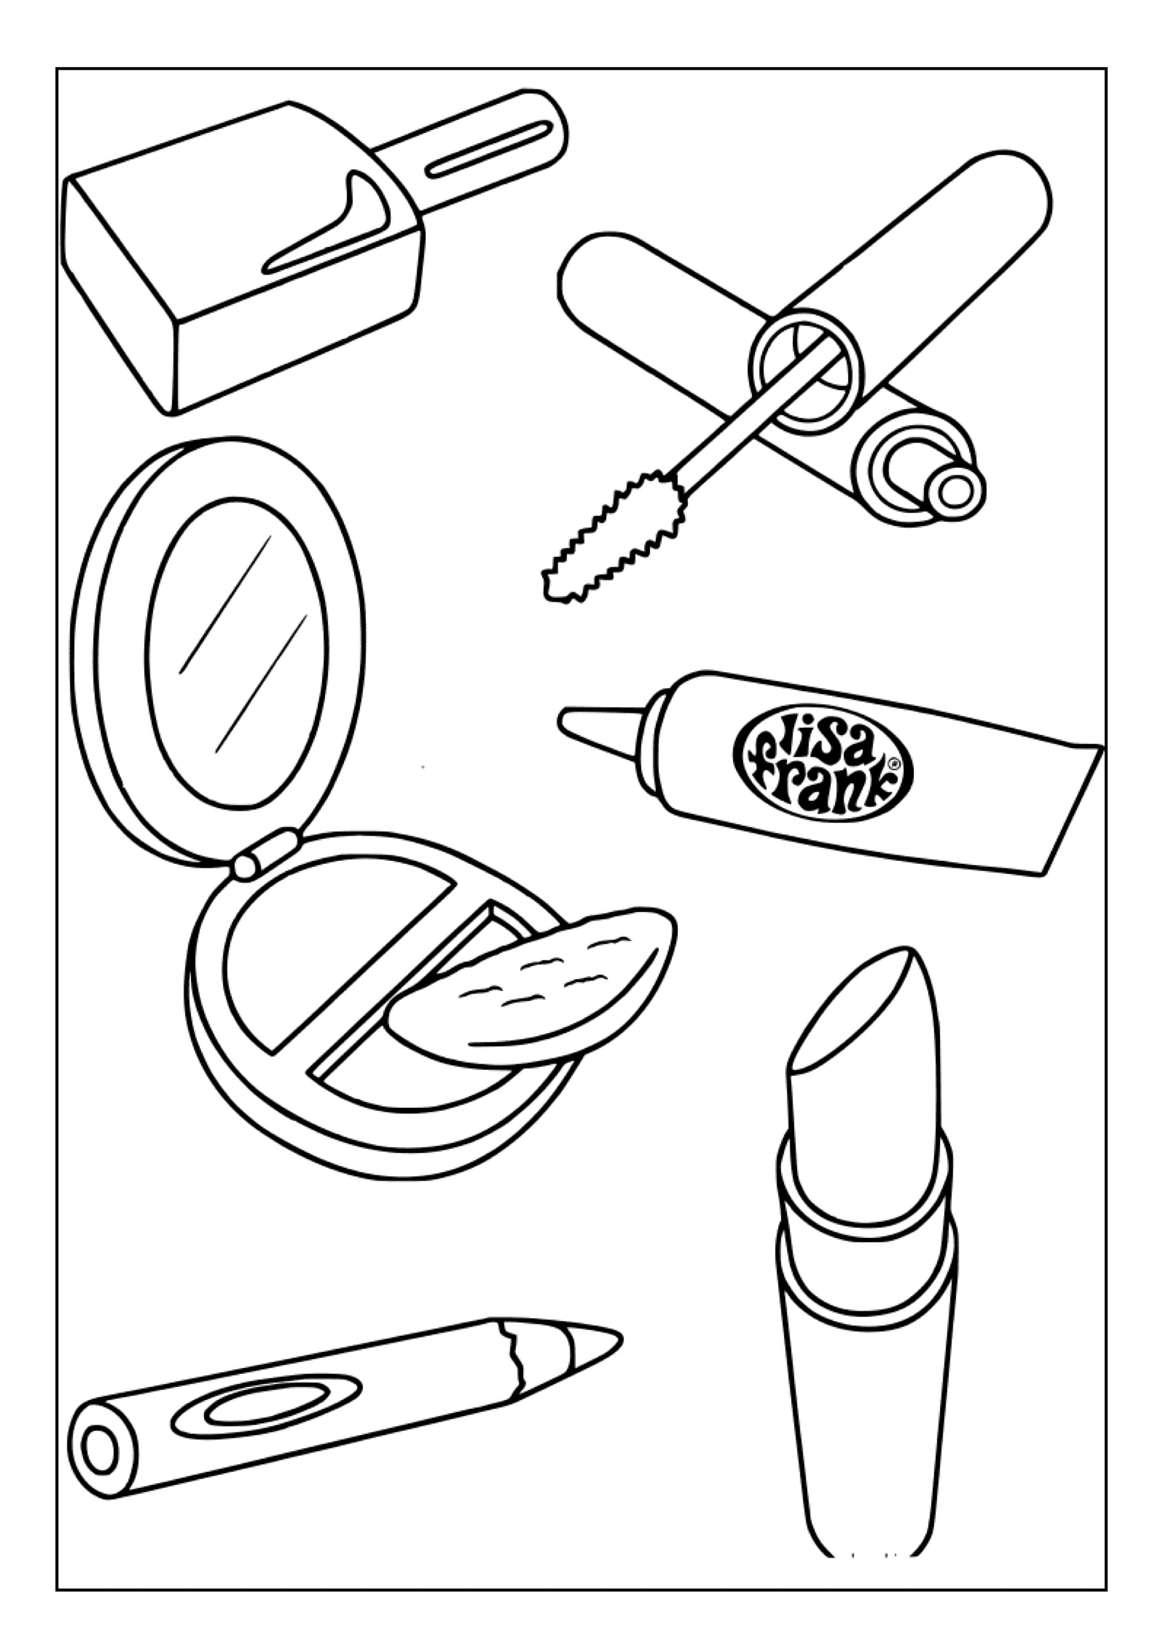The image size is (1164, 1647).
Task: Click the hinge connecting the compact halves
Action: tap(264, 854)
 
